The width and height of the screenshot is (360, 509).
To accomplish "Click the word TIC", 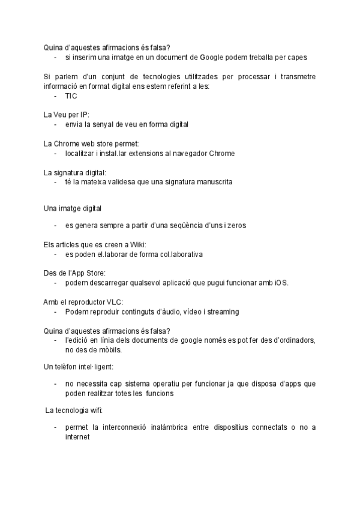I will click(71, 96).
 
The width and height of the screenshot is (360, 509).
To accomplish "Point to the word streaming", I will click(223, 312).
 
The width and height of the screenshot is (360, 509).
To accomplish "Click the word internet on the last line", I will click(77, 438).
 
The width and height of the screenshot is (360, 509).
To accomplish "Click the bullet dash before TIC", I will click(55, 96).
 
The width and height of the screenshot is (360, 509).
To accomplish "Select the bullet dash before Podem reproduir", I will click(55, 312).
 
